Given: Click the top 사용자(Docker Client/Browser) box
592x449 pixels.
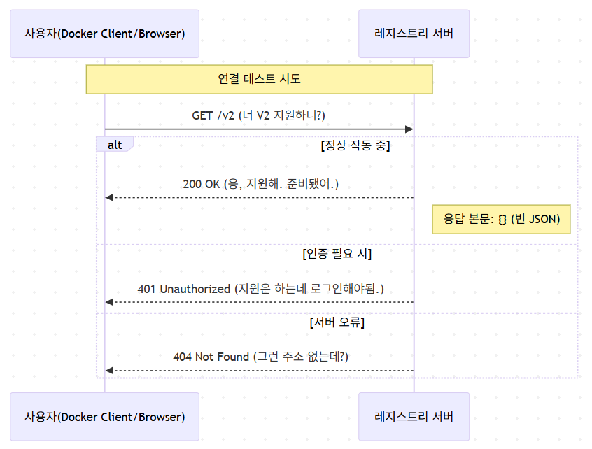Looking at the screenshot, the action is tap(104, 34).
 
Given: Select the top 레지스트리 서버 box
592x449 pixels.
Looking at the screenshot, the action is tap(414, 34).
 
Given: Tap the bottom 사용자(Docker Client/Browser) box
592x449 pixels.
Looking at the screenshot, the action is tap(104, 417).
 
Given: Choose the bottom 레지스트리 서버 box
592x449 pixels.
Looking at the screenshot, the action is tap(414, 417).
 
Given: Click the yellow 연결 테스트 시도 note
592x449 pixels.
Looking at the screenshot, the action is tap(260, 79).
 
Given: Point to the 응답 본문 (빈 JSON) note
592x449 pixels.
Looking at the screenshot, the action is tap(502, 219).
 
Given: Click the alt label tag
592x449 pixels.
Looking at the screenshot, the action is tap(115, 144).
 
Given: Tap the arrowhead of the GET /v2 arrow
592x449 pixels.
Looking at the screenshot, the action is tap(409, 129).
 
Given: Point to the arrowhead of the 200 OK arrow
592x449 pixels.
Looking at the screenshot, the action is tap(109, 198).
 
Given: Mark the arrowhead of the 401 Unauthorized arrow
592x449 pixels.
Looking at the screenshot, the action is tap(109, 302).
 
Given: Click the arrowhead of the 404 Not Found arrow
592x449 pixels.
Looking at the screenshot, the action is tap(109, 371).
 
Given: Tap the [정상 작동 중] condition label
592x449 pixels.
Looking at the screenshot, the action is tap(355, 145).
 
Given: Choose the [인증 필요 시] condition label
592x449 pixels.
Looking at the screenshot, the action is tap(337, 254).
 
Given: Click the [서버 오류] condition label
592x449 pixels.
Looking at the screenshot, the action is tap(337, 322).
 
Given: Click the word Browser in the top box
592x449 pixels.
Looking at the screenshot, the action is tap(160, 34).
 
